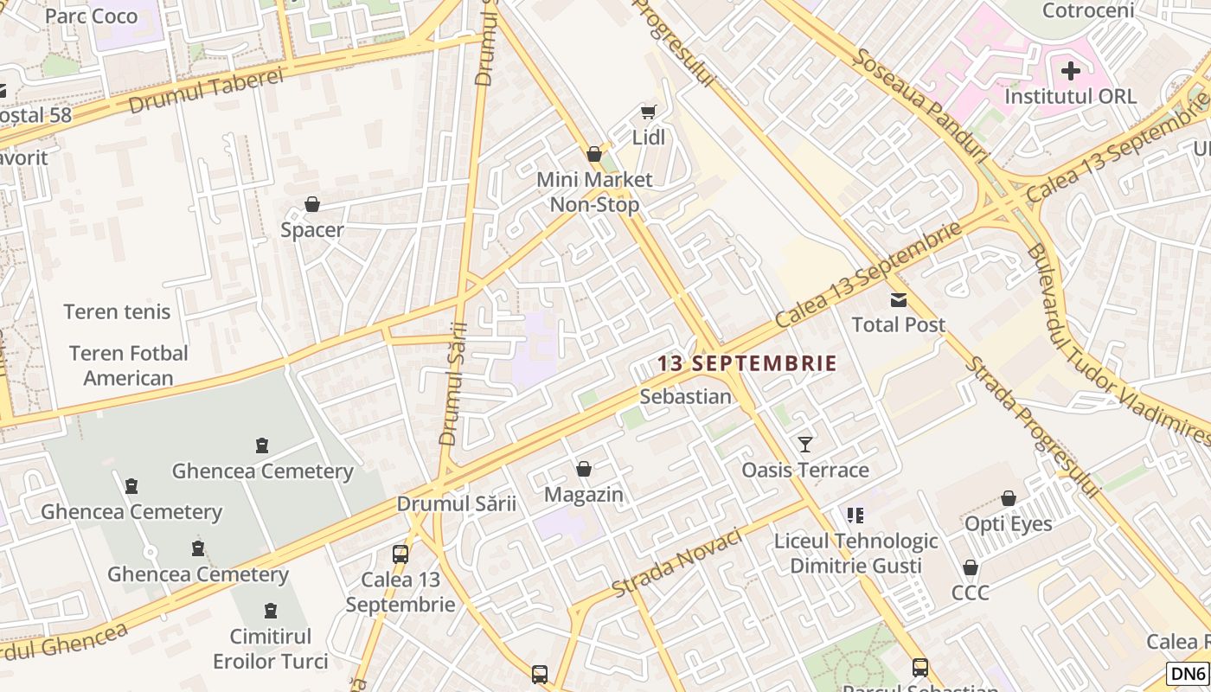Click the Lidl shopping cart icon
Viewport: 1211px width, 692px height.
click(x=648, y=111)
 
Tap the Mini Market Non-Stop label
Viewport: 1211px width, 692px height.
click(x=595, y=192)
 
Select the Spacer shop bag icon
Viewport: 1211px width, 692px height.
click(x=312, y=204)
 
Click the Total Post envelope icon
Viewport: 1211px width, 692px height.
click(x=899, y=300)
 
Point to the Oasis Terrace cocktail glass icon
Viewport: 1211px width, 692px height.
click(x=805, y=445)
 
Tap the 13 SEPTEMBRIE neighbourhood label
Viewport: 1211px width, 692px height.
click(x=747, y=363)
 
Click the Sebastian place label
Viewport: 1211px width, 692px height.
click(x=686, y=396)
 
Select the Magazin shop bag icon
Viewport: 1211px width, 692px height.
click(x=584, y=469)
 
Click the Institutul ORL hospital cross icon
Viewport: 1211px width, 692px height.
click(x=1071, y=71)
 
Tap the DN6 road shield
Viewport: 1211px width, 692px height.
click(x=1188, y=673)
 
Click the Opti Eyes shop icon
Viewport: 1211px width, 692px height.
click(x=1009, y=498)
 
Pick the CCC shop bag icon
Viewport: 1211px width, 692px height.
click(x=971, y=567)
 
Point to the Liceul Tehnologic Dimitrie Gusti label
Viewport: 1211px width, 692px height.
click(x=855, y=554)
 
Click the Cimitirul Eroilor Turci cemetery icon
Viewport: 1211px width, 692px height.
click(x=271, y=611)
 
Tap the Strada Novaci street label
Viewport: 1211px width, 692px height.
click(x=677, y=562)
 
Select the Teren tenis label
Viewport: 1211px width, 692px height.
click(x=118, y=311)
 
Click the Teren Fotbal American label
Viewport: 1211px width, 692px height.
click(x=128, y=365)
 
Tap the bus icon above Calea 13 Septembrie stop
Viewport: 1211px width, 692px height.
click(x=400, y=554)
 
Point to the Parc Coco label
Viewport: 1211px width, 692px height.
click(x=91, y=16)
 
